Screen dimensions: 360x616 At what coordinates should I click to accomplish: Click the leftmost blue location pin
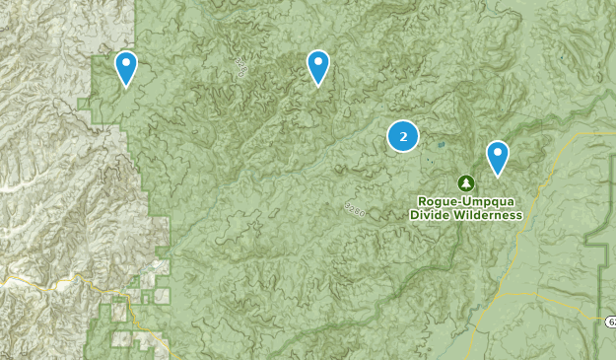tap(126, 67)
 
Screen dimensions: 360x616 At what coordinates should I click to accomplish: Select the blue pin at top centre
tap(318, 66)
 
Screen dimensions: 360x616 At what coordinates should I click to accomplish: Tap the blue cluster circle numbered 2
tap(402, 136)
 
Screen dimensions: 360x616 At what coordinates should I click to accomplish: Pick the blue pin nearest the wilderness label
tap(498, 156)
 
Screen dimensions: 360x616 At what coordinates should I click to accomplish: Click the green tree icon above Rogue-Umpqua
tap(465, 182)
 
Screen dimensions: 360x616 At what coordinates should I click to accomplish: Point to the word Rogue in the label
tap(437, 200)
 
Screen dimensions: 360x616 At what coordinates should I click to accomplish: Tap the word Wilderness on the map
tap(486, 214)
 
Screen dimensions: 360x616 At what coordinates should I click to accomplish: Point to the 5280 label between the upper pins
tap(240, 67)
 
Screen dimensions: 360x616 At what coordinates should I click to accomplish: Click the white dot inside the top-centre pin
tap(318, 61)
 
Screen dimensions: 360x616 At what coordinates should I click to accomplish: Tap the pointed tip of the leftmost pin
tap(126, 87)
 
